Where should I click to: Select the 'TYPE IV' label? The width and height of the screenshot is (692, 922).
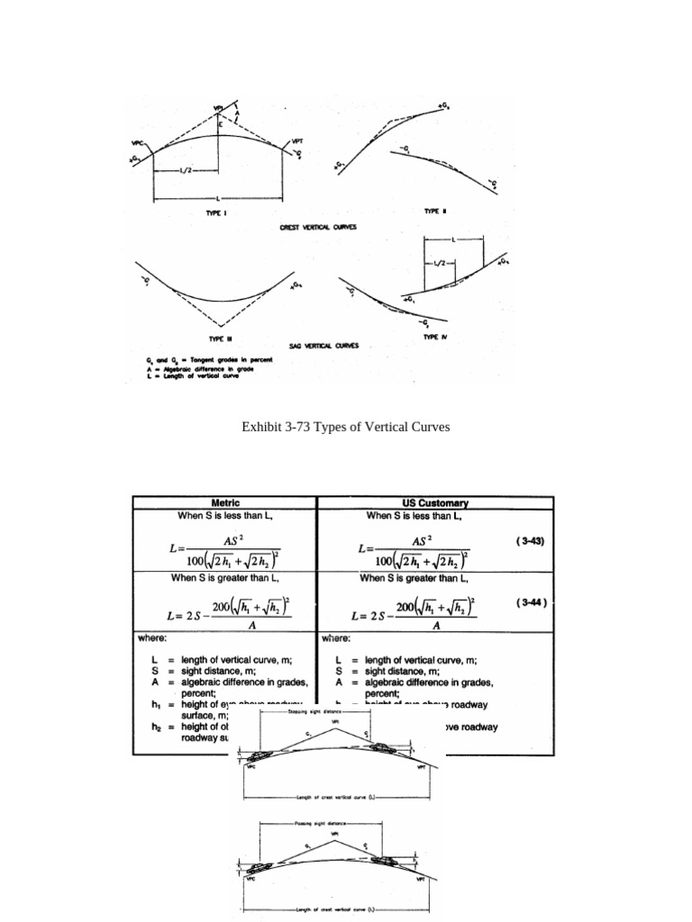435,336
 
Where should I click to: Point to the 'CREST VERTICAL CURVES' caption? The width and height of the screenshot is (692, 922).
318,227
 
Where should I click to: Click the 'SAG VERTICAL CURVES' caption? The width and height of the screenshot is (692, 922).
323,345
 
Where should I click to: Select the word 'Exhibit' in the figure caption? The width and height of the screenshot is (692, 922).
261,427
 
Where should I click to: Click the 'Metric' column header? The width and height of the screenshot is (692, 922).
225,503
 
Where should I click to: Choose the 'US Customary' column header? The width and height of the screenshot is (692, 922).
435,503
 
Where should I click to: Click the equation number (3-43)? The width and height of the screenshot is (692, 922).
531,541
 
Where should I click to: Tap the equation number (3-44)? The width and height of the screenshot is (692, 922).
531,604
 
